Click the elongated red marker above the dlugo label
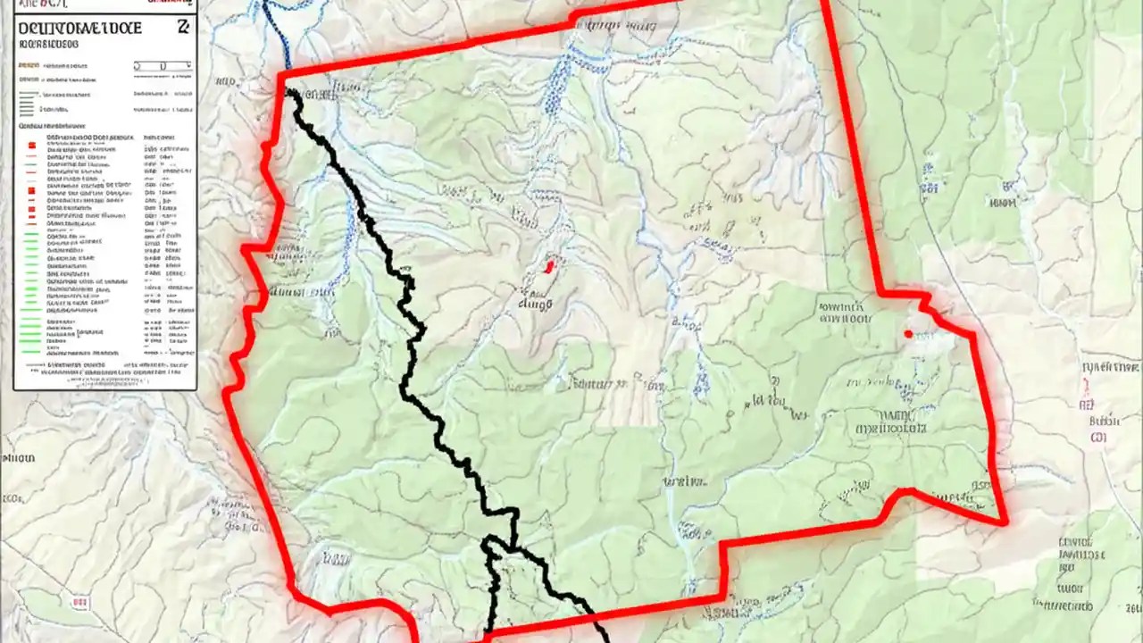click(550, 264)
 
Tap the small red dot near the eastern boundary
click(908, 334)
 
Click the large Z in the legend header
click(183, 27)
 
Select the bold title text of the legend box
click(79, 28)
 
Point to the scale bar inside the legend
click(163, 65)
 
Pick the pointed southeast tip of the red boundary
click(1005, 522)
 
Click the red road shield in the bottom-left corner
click(80, 604)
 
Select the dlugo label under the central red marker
click(536, 303)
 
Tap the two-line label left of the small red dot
click(843, 312)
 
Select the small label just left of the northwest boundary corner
click(225, 81)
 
